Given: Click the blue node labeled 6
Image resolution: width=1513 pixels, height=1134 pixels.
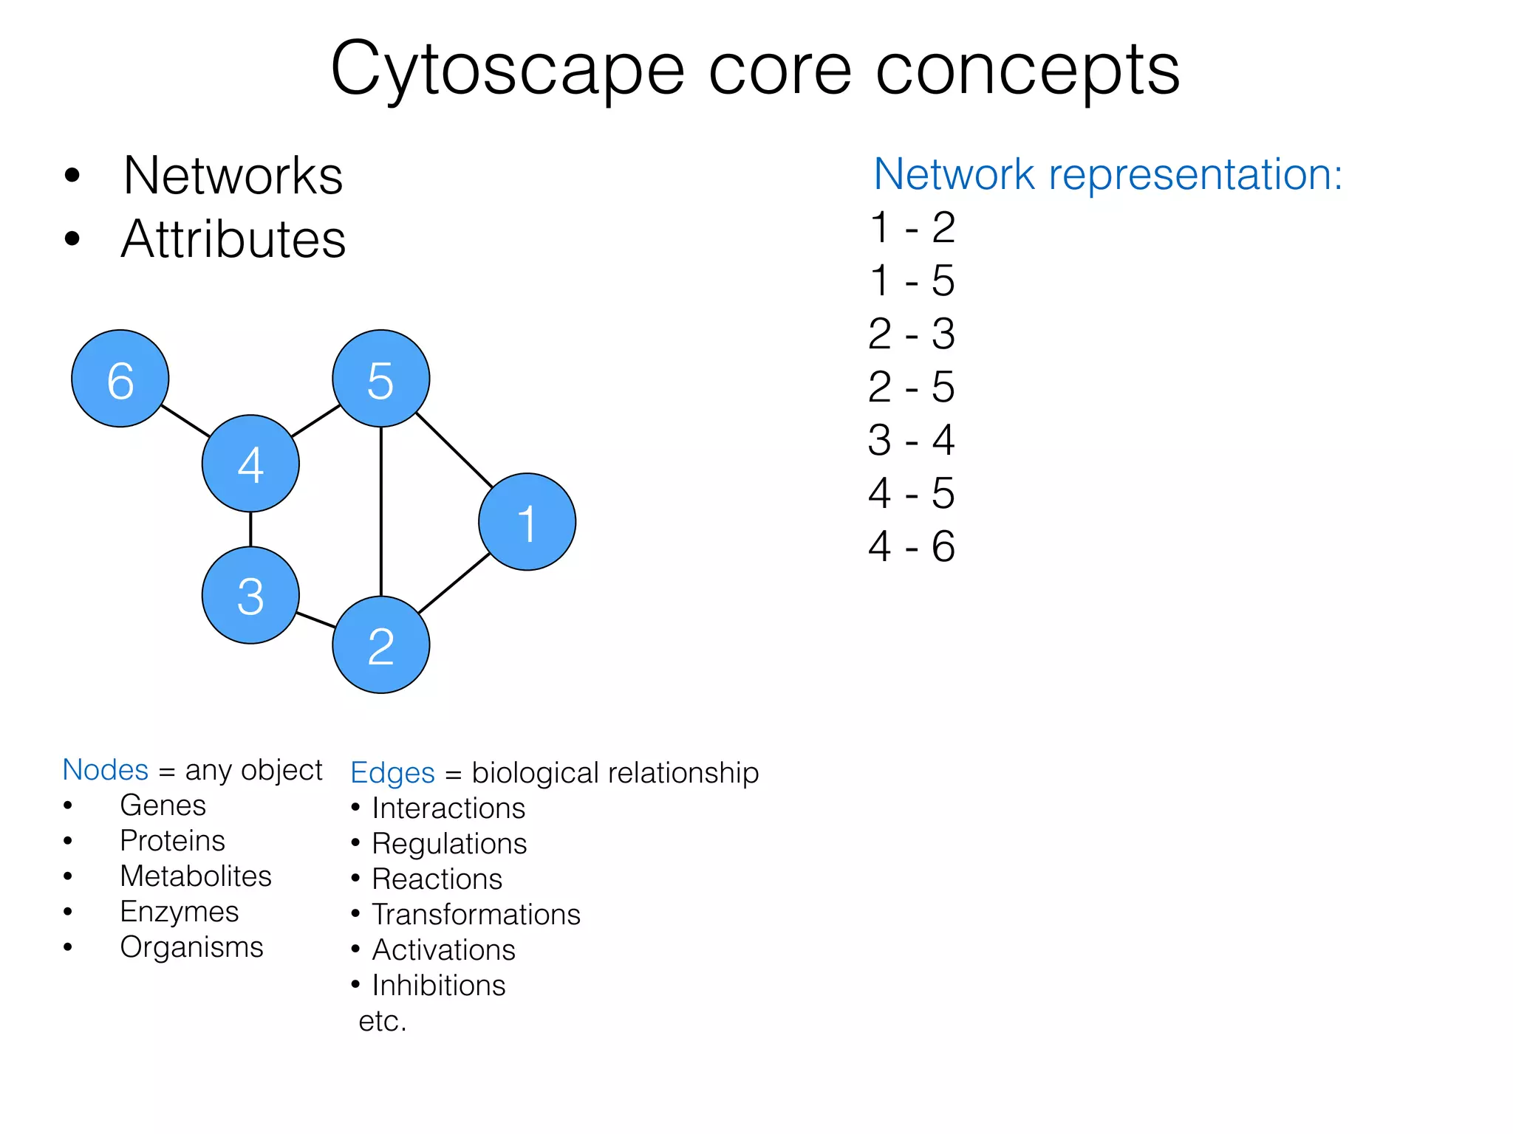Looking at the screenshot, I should click(120, 378).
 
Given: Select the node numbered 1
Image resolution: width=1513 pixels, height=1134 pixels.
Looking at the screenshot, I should click(527, 521).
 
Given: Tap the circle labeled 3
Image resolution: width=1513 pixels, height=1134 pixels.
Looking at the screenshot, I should click(250, 595).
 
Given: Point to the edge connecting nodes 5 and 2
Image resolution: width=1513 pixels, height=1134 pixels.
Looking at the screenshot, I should click(381, 511).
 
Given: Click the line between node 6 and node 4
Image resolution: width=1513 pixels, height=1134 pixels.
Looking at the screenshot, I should click(185, 421).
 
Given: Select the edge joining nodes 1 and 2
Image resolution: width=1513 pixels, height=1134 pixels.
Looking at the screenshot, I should click(454, 583).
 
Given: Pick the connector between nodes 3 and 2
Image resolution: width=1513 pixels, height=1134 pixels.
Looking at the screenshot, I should click(315, 619).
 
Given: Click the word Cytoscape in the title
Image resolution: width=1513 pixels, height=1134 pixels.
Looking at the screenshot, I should click(508, 70).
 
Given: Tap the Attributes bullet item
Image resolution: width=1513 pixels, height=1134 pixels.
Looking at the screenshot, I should click(233, 239).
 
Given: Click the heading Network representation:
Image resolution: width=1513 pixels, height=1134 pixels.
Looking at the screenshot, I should click(1107, 174).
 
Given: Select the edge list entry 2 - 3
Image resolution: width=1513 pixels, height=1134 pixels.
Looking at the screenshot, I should click(912, 334).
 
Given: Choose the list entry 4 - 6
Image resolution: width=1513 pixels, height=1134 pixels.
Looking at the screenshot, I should click(912, 546).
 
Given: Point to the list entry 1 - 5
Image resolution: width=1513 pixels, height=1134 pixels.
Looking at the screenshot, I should click(912, 281).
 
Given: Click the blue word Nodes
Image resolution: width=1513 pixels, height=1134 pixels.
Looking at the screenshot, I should click(106, 769).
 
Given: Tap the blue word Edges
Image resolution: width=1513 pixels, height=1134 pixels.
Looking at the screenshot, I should click(392, 773).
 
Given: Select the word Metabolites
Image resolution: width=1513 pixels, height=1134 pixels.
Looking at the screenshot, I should click(196, 876).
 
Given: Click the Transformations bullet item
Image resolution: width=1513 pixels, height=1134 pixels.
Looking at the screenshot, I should click(476, 915).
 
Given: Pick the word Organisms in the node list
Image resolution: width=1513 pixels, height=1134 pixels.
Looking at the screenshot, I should click(191, 947).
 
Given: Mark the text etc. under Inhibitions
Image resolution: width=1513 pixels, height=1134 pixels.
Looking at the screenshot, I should click(382, 1021).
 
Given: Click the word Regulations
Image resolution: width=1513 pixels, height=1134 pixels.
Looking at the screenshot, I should click(449, 844).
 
